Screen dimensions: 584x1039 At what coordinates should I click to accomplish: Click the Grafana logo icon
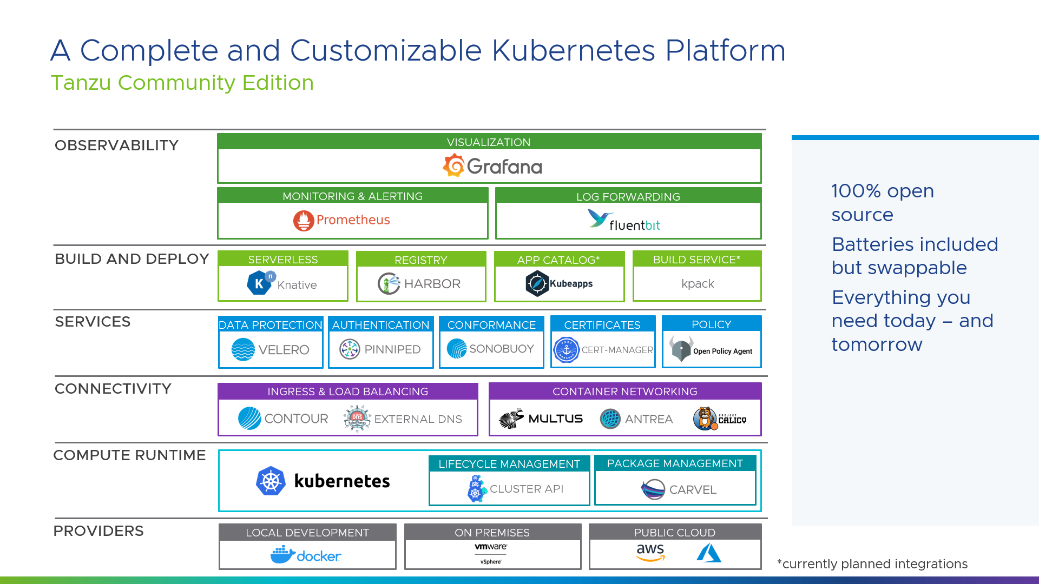point(454,165)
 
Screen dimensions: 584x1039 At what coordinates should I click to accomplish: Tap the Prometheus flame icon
point(304,221)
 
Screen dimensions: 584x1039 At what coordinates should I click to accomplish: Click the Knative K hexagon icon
point(259,283)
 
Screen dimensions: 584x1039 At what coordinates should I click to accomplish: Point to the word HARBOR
point(432,284)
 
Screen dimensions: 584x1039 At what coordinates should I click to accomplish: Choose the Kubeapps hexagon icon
point(537,283)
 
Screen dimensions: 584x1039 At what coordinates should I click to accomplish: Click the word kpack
point(698,284)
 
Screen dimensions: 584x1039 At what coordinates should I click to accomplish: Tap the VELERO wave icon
point(243,349)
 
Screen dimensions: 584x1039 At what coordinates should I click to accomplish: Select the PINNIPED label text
point(392,349)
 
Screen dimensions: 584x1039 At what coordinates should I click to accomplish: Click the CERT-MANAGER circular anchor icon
point(567,350)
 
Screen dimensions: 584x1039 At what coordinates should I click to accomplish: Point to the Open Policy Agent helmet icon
point(681,349)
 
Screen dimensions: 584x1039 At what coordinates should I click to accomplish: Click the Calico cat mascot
point(705,419)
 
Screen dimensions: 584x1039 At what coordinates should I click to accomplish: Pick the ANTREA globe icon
point(610,419)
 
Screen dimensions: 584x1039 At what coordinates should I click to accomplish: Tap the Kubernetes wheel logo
point(271,481)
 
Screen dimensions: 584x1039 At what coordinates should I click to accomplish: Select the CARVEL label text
point(693,490)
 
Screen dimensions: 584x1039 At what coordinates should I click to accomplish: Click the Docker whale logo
point(282,555)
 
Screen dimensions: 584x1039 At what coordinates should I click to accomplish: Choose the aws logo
point(650,552)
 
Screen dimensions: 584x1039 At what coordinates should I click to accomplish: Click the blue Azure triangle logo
point(709,553)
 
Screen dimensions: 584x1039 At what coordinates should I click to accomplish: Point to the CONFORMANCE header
point(491,325)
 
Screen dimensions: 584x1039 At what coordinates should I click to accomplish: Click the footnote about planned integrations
point(872,564)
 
